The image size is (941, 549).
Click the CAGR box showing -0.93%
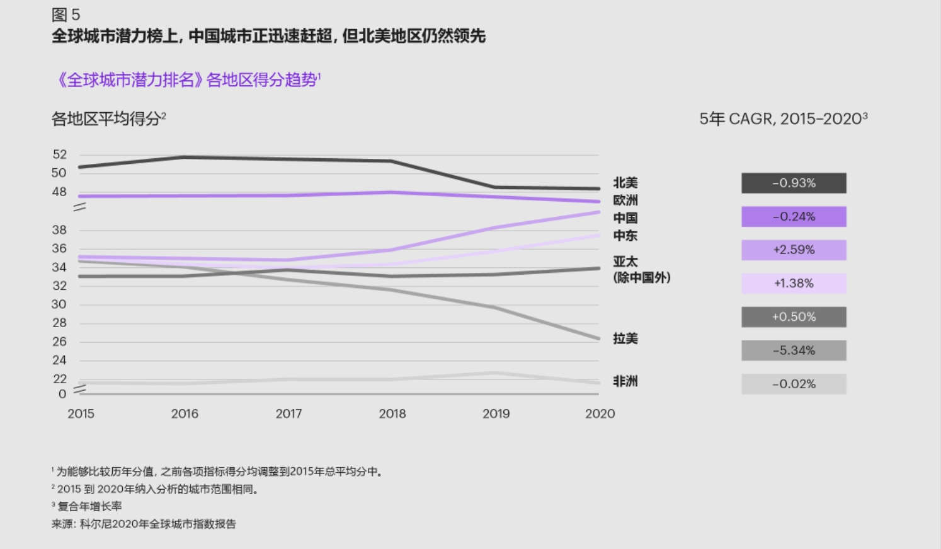(x=794, y=183)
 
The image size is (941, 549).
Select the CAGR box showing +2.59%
(x=794, y=250)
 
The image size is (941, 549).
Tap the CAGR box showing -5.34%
(x=794, y=350)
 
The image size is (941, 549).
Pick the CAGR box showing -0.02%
(x=794, y=384)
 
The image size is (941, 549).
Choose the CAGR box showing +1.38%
(x=794, y=284)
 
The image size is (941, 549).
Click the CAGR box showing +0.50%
(x=794, y=317)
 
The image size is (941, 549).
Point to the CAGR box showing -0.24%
(x=794, y=216)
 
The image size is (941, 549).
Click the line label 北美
(x=625, y=183)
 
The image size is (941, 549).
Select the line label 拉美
(x=625, y=338)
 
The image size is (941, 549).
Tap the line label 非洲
(x=625, y=381)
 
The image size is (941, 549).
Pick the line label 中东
(x=625, y=236)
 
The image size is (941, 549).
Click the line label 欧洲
(x=625, y=200)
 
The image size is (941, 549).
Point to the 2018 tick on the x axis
(x=392, y=414)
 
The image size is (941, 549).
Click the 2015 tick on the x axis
(x=81, y=414)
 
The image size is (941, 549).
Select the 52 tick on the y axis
(x=59, y=154)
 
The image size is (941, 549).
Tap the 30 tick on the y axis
(x=59, y=304)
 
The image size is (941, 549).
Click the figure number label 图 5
(x=66, y=15)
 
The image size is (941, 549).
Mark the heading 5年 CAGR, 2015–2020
(x=783, y=118)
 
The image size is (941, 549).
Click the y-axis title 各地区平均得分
(x=108, y=118)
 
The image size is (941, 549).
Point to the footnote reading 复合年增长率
(x=89, y=506)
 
